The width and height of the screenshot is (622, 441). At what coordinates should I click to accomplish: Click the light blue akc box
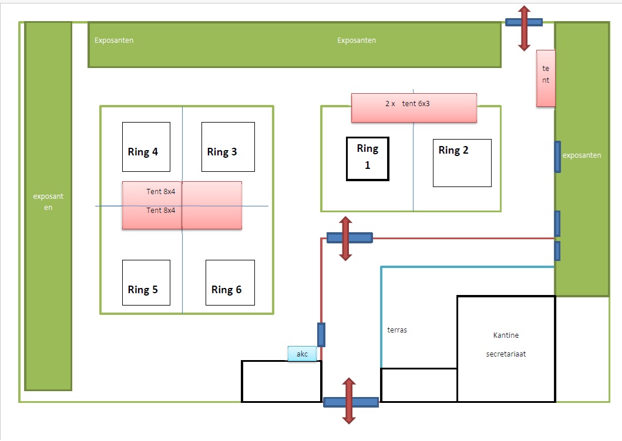[x=302, y=354]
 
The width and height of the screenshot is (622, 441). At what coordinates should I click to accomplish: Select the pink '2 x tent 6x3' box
[x=413, y=108]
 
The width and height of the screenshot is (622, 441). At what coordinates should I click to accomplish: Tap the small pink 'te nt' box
[x=546, y=79]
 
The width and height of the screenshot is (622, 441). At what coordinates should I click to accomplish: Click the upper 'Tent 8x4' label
[x=161, y=191]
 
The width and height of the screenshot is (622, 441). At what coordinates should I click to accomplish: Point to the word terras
[x=397, y=330]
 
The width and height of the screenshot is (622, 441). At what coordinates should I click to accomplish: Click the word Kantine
[x=506, y=335]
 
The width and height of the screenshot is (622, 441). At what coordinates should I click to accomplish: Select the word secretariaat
[x=506, y=354]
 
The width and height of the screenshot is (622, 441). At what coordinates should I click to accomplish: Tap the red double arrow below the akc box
[x=349, y=401]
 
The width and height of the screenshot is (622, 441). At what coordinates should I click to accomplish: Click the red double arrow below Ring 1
[x=345, y=238]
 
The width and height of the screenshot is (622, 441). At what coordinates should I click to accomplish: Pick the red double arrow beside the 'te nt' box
[x=524, y=28]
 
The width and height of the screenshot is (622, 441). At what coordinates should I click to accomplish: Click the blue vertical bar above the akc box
[x=321, y=335]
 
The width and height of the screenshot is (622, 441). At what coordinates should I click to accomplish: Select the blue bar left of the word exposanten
[x=557, y=157]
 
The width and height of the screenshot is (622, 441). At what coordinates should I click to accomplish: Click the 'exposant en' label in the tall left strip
[x=48, y=202]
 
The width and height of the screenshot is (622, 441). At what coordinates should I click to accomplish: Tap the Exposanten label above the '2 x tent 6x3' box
[x=357, y=40]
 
